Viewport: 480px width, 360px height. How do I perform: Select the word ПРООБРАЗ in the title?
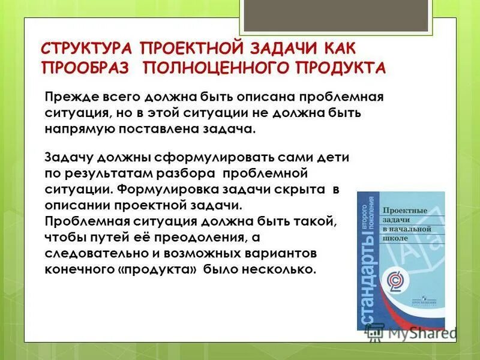coord(85,67)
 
